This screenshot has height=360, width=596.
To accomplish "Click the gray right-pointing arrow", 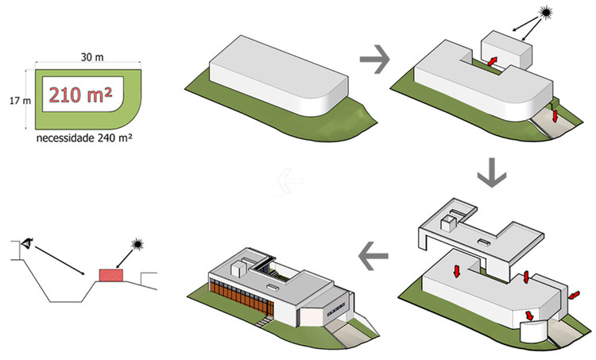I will click(x=374, y=58).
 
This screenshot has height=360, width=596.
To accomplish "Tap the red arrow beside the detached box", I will click(x=493, y=61).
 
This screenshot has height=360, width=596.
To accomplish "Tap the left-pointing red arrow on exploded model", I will click(x=573, y=293).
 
